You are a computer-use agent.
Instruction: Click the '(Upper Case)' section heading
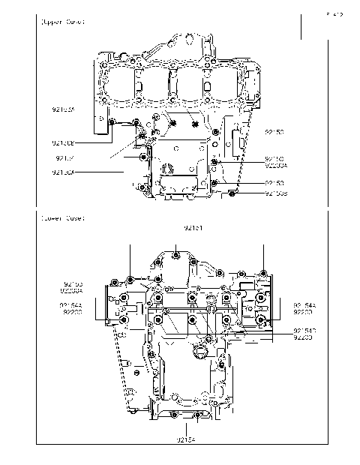click(x=62, y=22)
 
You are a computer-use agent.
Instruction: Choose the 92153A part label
click(x=63, y=109)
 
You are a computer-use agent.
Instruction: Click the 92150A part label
click(x=63, y=172)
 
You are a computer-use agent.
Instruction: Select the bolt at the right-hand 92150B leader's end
click(x=232, y=194)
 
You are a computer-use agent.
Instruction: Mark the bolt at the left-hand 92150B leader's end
click(x=112, y=122)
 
